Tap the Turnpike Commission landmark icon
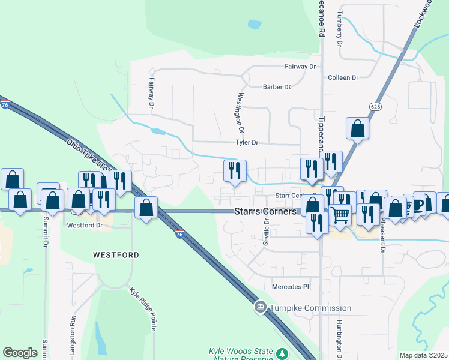coord(260,307)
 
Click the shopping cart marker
coord(340,214)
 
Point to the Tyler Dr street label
coord(247,143)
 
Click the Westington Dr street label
coord(241,113)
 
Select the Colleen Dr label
coord(343,77)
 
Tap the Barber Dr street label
coord(277,87)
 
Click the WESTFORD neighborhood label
coord(116,255)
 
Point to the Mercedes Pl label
coord(290,287)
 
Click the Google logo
coord(20,353)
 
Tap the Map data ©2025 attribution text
coord(423,355)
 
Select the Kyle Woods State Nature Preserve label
coord(241,354)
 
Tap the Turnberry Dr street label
coord(339,29)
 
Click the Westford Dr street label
coord(85,226)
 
